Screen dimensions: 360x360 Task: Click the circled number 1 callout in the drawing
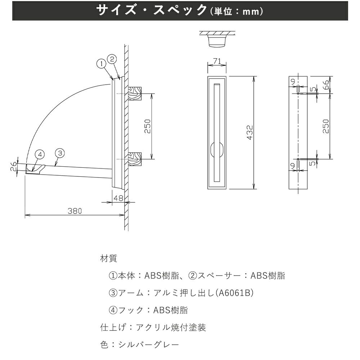pyautogui.click(x=102, y=64)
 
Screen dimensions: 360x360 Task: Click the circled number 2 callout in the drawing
pyautogui.click(x=112, y=59)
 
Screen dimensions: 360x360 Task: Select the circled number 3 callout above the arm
pyautogui.click(x=60, y=153)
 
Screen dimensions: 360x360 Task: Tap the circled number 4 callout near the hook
pyautogui.click(x=40, y=154)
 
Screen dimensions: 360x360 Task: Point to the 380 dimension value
pyautogui.click(x=75, y=211)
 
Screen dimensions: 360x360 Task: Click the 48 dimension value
pyautogui.click(x=118, y=198)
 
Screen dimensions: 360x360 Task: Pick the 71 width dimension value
pyautogui.click(x=217, y=61)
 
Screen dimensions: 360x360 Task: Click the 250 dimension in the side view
pyautogui.click(x=147, y=126)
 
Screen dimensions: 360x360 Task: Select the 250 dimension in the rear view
pyautogui.click(x=325, y=126)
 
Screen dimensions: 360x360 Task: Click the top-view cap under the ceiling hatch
pyautogui.click(x=217, y=41)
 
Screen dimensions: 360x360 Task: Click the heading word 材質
pyautogui.click(x=109, y=258)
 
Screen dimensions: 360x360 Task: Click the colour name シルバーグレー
pyautogui.click(x=149, y=345)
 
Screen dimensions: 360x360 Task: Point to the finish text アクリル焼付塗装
pyautogui.click(x=171, y=327)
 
